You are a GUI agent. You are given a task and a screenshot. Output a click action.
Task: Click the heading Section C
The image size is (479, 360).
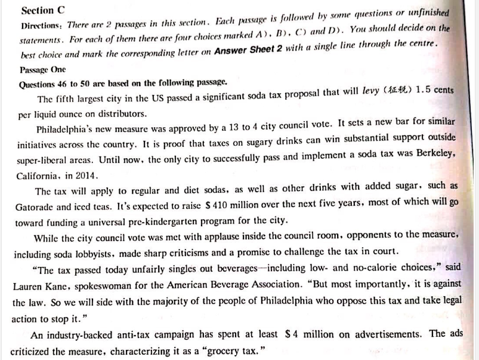pos(42,11)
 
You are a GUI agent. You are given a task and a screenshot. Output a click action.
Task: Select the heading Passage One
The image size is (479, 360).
pos(42,70)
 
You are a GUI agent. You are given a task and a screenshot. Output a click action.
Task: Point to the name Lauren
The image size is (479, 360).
pos(30,286)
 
